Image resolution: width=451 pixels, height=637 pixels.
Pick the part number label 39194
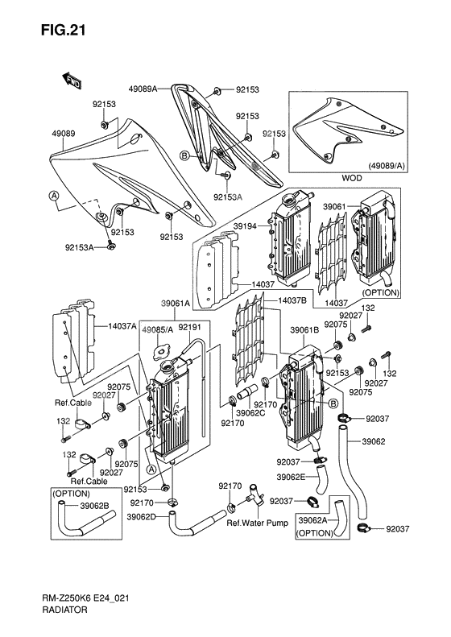click(245, 226)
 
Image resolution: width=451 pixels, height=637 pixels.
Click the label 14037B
click(292, 300)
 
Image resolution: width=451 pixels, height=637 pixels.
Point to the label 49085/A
click(158, 329)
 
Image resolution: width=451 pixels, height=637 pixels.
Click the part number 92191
click(189, 328)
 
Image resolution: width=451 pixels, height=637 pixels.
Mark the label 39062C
click(251, 413)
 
